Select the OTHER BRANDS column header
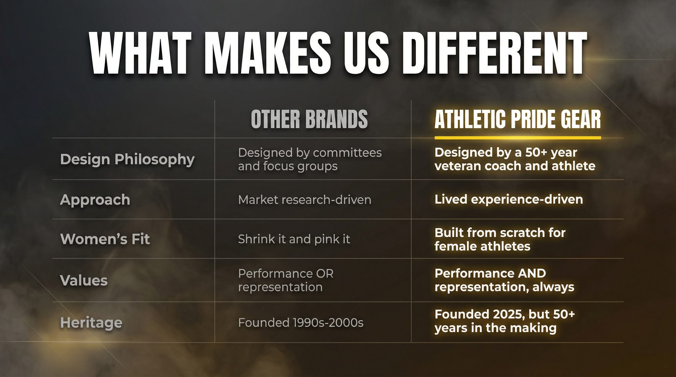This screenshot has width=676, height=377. coord(309,119)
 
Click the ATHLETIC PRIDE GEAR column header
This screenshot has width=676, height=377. coord(518,119)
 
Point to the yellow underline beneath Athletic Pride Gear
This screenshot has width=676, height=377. coord(518,138)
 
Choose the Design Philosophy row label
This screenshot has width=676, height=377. coord(127,159)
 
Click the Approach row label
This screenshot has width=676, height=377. coord(95,200)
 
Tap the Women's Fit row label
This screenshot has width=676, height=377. coord(105,239)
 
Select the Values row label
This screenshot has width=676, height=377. coord(84,280)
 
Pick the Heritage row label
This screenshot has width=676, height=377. coord(91,323)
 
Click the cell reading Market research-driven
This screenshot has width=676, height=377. coord(304,200)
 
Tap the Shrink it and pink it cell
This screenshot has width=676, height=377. coord(294,239)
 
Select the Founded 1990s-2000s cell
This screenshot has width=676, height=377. coord(301,323)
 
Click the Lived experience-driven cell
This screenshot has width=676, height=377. coord(508,200)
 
